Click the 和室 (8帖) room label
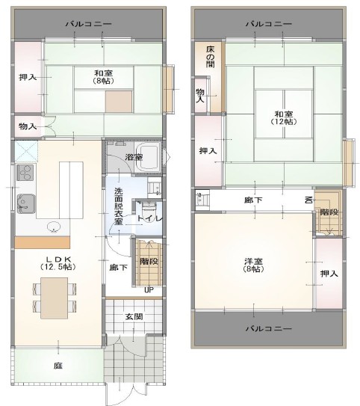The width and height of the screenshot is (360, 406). coord(103,77)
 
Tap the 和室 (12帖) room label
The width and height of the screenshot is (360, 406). coord(284,118)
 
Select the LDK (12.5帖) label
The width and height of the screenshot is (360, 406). coord(58,263)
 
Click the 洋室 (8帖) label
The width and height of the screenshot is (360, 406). coord(254,265)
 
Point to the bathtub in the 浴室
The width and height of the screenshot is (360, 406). coord(148,157)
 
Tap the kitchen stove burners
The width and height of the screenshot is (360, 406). coord(25,173)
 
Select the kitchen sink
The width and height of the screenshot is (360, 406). coord(26,204)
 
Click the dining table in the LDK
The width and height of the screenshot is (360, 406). coord(55,298)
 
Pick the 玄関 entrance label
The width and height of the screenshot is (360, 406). coord(134,316)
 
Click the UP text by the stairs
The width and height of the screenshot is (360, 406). coord(149,290)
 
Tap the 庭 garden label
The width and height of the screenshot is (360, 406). coord(58,366)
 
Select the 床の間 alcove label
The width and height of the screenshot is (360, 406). coord(211,57)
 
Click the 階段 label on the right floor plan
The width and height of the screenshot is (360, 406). coord(329,212)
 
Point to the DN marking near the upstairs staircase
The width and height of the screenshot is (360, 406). coord(308,200)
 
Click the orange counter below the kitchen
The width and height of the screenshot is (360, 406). coord(43,242)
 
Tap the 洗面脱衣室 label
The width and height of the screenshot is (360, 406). coord(119,206)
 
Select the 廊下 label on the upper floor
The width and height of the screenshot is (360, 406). coord(253,200)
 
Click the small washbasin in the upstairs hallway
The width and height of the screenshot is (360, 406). coord(201,200)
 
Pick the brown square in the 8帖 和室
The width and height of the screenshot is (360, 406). coord(119,102)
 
